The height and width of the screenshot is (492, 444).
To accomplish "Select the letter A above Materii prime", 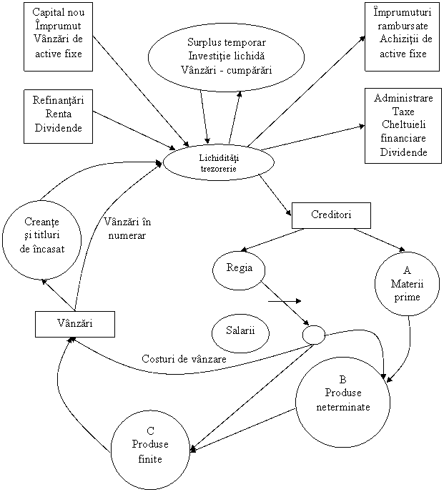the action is (x=407, y=270).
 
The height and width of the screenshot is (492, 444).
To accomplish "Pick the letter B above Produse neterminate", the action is (x=342, y=379).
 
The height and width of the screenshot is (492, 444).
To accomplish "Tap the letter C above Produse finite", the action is (x=150, y=431).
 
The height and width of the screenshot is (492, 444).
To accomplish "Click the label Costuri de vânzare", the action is (x=184, y=359).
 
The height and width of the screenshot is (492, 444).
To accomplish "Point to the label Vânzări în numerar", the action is (x=127, y=228).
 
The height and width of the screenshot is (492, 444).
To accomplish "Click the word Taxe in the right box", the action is (x=403, y=112).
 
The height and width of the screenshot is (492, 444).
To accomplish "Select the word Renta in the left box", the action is (x=59, y=114).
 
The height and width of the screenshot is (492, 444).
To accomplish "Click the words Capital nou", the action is (x=59, y=12).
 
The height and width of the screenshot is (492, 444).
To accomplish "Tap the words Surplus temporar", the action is (x=227, y=42).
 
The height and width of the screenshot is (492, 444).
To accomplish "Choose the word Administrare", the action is (x=403, y=98).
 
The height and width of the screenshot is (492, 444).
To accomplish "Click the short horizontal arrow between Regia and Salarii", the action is (x=285, y=301).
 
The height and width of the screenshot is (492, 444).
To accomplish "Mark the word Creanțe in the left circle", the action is (x=41, y=222).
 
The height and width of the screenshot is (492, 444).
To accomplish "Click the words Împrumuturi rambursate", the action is (x=403, y=19).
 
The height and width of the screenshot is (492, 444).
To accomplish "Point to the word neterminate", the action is (x=343, y=407).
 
